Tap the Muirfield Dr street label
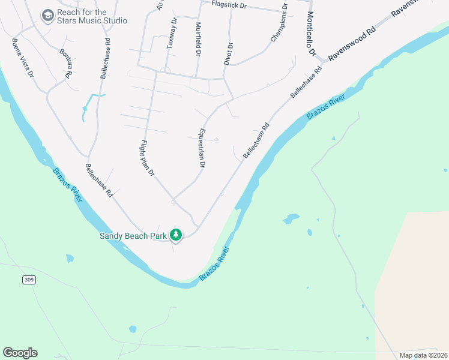198,40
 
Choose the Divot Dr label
229,53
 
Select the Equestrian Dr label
202,148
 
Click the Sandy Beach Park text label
133,236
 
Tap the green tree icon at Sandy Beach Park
176,234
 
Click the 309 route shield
28,280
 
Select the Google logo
20,353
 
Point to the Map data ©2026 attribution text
423,355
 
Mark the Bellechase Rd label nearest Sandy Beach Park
99,181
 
